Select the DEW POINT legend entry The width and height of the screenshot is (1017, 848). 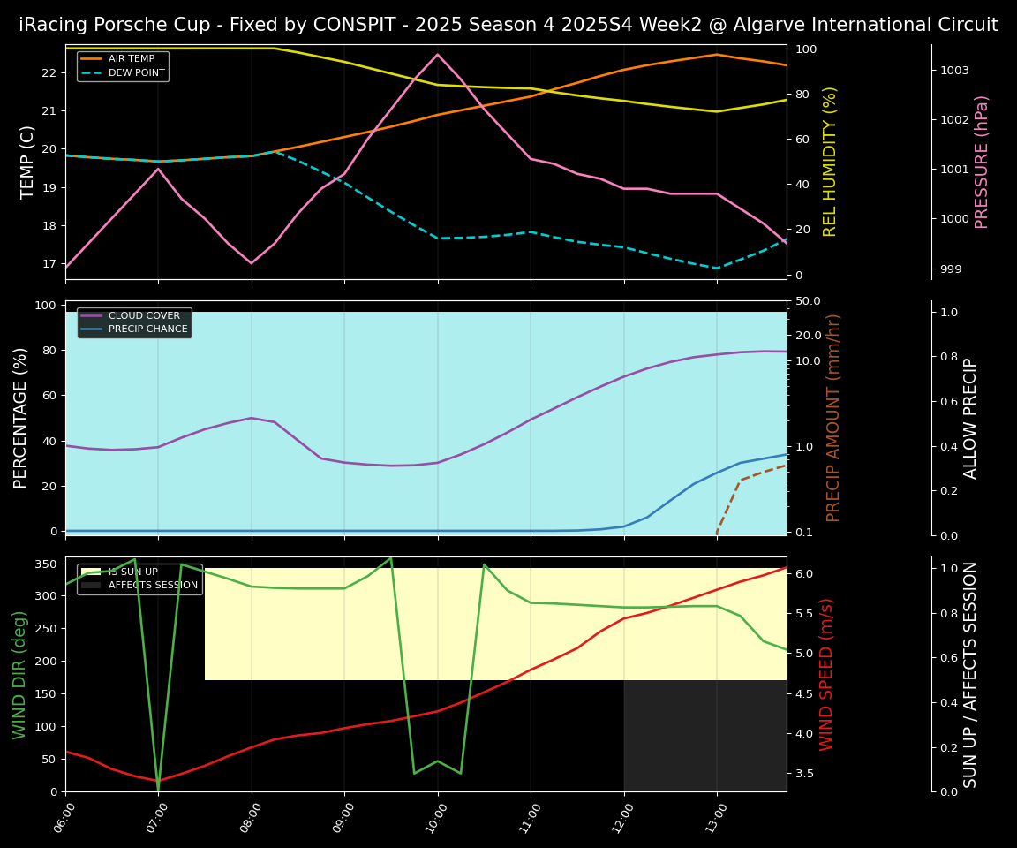136,72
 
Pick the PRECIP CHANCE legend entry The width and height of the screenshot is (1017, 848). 147,329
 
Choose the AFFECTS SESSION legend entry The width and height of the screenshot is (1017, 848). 152,585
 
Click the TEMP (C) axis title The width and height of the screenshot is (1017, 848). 28,162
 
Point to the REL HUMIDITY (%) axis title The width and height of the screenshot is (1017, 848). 830,162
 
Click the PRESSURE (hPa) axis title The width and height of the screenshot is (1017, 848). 982,162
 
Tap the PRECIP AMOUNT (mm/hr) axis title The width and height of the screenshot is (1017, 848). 833,417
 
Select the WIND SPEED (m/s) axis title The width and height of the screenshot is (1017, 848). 827,674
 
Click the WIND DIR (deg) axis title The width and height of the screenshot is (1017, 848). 19,674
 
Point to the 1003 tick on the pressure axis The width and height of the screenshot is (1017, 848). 954,71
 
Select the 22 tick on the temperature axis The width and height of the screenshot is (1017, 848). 49,72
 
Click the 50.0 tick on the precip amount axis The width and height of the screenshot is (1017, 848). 808,301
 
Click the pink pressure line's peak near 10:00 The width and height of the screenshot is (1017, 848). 437,55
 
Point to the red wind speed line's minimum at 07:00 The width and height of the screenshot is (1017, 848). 158,780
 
